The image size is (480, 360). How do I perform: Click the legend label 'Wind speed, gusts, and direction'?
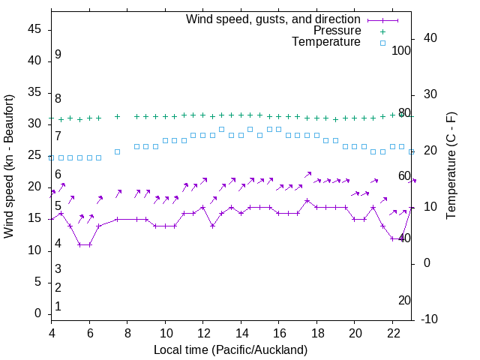[273, 19]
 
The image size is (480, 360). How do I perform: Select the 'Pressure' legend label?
[337, 31]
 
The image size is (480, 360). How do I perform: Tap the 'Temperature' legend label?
[326, 42]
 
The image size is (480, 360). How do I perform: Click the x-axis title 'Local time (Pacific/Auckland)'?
[230, 349]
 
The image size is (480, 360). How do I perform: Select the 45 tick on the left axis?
[34, 29]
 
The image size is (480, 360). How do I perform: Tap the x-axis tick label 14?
[241, 332]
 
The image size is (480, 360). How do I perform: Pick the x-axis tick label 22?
[392, 332]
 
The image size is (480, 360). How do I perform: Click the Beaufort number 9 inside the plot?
[58, 55]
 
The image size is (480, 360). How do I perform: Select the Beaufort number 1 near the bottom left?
[58, 306]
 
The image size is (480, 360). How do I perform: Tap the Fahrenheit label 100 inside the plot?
[402, 50]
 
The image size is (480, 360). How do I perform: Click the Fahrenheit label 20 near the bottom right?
[404, 300]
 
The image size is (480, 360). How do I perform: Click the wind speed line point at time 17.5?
[307, 201]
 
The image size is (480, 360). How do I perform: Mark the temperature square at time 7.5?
[117, 151]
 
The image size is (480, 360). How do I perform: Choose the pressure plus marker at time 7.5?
[117, 116]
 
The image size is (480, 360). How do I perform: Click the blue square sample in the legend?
[382, 43]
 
